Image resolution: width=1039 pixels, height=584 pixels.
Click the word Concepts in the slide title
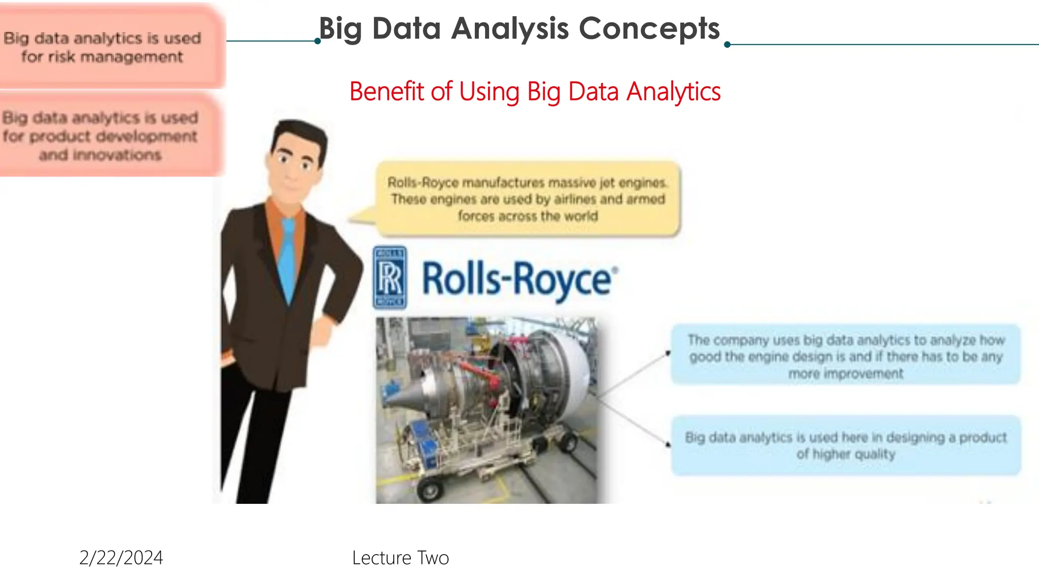pos(649,28)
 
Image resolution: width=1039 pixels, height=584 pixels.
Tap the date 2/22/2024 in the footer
pos(121,558)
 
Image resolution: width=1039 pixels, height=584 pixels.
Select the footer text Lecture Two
pos(400,558)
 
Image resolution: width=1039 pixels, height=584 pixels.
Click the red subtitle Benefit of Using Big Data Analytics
pos(535,92)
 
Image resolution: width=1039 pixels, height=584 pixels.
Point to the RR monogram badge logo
pos(390,277)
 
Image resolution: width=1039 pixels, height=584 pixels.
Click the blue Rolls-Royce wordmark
pos(518,279)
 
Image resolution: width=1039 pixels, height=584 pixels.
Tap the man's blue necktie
pos(288,259)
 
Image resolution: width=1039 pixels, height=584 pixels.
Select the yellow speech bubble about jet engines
pos(528,199)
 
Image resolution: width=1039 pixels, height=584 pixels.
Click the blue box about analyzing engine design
pos(845,356)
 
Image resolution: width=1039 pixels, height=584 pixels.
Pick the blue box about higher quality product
pos(845,445)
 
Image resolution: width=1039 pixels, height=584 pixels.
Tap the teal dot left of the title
pos(318,41)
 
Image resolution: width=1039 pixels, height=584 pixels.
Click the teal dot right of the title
pos(727,45)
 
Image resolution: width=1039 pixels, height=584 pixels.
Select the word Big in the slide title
pos(340,28)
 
